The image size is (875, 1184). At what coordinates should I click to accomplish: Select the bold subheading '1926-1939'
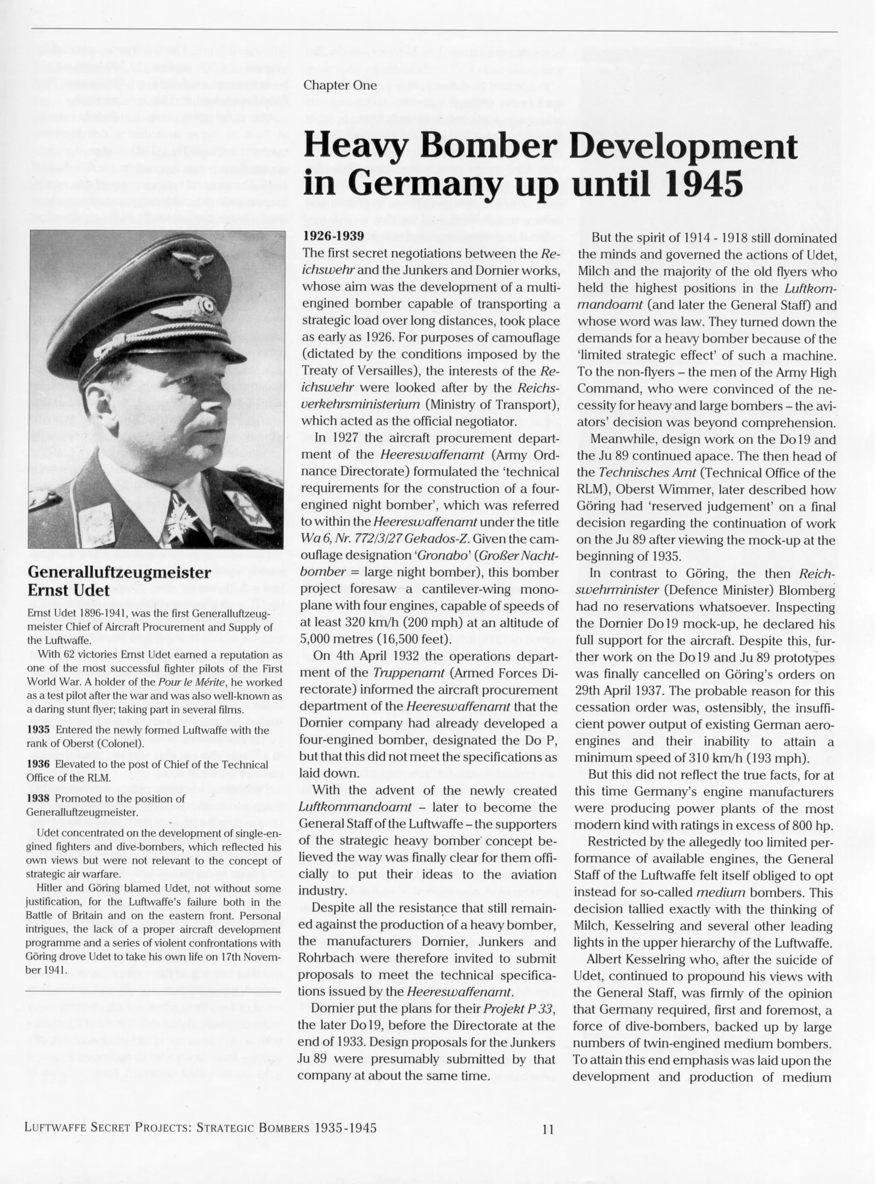point(333,236)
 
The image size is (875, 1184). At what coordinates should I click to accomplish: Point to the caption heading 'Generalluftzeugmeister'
point(119,572)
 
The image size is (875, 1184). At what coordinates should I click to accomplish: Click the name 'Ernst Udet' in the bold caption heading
point(68,590)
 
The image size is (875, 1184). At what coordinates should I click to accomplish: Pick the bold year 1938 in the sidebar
point(38,798)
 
